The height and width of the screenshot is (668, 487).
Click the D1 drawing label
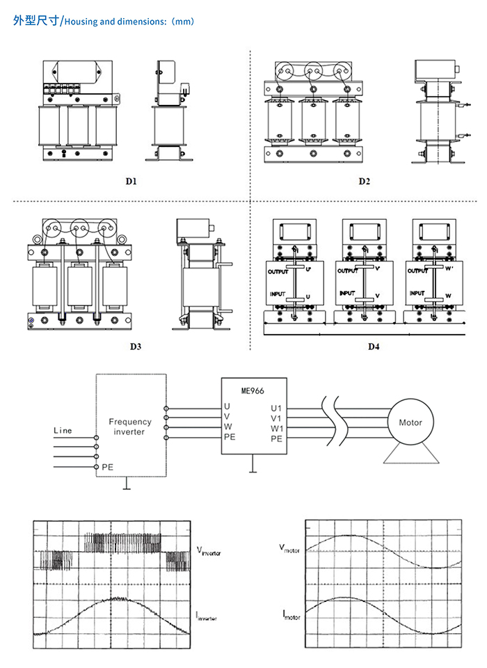131,182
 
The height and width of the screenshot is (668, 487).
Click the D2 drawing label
365,182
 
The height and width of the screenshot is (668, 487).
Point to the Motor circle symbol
410,422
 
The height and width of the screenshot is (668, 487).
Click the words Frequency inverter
129,427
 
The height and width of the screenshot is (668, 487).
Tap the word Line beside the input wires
63,431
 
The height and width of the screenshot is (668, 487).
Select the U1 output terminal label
276,407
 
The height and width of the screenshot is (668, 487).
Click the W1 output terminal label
277,428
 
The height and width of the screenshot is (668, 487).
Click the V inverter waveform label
209,552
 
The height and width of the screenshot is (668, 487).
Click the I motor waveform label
292,613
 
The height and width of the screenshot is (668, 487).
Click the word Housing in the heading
79,22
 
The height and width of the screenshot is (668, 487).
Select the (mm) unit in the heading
182,22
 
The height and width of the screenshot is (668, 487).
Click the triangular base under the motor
410,454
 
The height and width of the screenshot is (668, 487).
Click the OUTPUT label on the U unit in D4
278,272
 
